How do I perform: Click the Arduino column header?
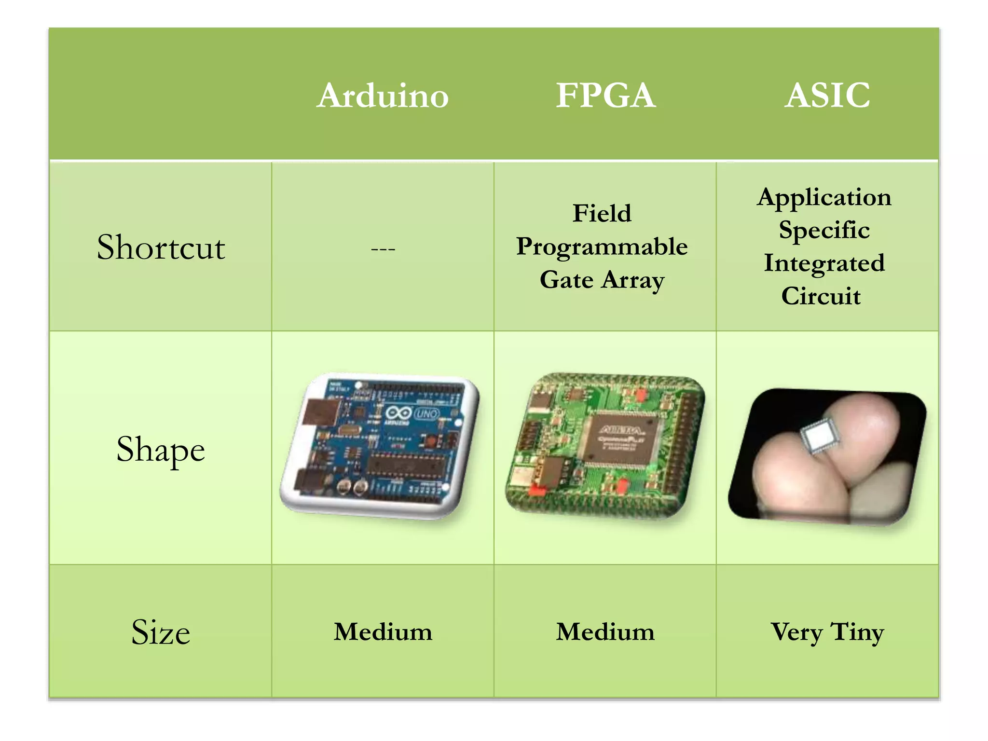point(383,96)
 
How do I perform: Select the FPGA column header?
point(605,95)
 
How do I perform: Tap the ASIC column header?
point(827,95)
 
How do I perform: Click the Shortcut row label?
point(161,247)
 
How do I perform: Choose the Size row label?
point(161,632)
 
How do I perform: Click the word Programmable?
point(602,247)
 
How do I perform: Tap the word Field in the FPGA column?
point(602,213)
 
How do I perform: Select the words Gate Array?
point(602,280)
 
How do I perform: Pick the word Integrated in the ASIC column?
point(824,263)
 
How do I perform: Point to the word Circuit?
point(821,296)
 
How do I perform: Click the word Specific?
point(824,230)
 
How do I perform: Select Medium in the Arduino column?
point(383,632)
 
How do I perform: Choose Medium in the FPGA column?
point(605,632)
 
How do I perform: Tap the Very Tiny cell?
point(827,632)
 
